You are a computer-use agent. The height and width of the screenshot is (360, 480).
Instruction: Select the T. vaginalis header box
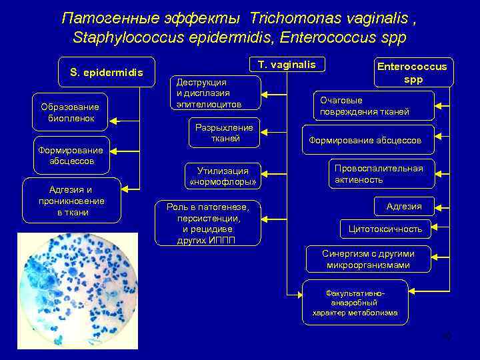[287, 65]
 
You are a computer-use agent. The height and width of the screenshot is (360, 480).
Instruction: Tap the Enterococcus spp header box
[413, 72]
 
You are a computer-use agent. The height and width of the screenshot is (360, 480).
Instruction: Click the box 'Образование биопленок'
[69, 112]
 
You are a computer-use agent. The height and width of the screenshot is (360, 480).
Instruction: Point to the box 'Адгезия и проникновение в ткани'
[72, 200]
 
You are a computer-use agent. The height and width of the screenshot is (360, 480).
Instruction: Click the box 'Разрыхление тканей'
[224, 133]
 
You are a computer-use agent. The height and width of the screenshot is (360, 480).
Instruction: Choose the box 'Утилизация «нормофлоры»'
[223, 176]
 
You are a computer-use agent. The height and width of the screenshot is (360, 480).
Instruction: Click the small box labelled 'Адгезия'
[404, 206]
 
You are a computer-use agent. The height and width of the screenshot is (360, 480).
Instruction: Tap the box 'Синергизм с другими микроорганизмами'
[368, 259]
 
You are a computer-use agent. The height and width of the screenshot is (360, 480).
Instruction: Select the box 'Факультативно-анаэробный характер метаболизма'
[355, 303]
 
